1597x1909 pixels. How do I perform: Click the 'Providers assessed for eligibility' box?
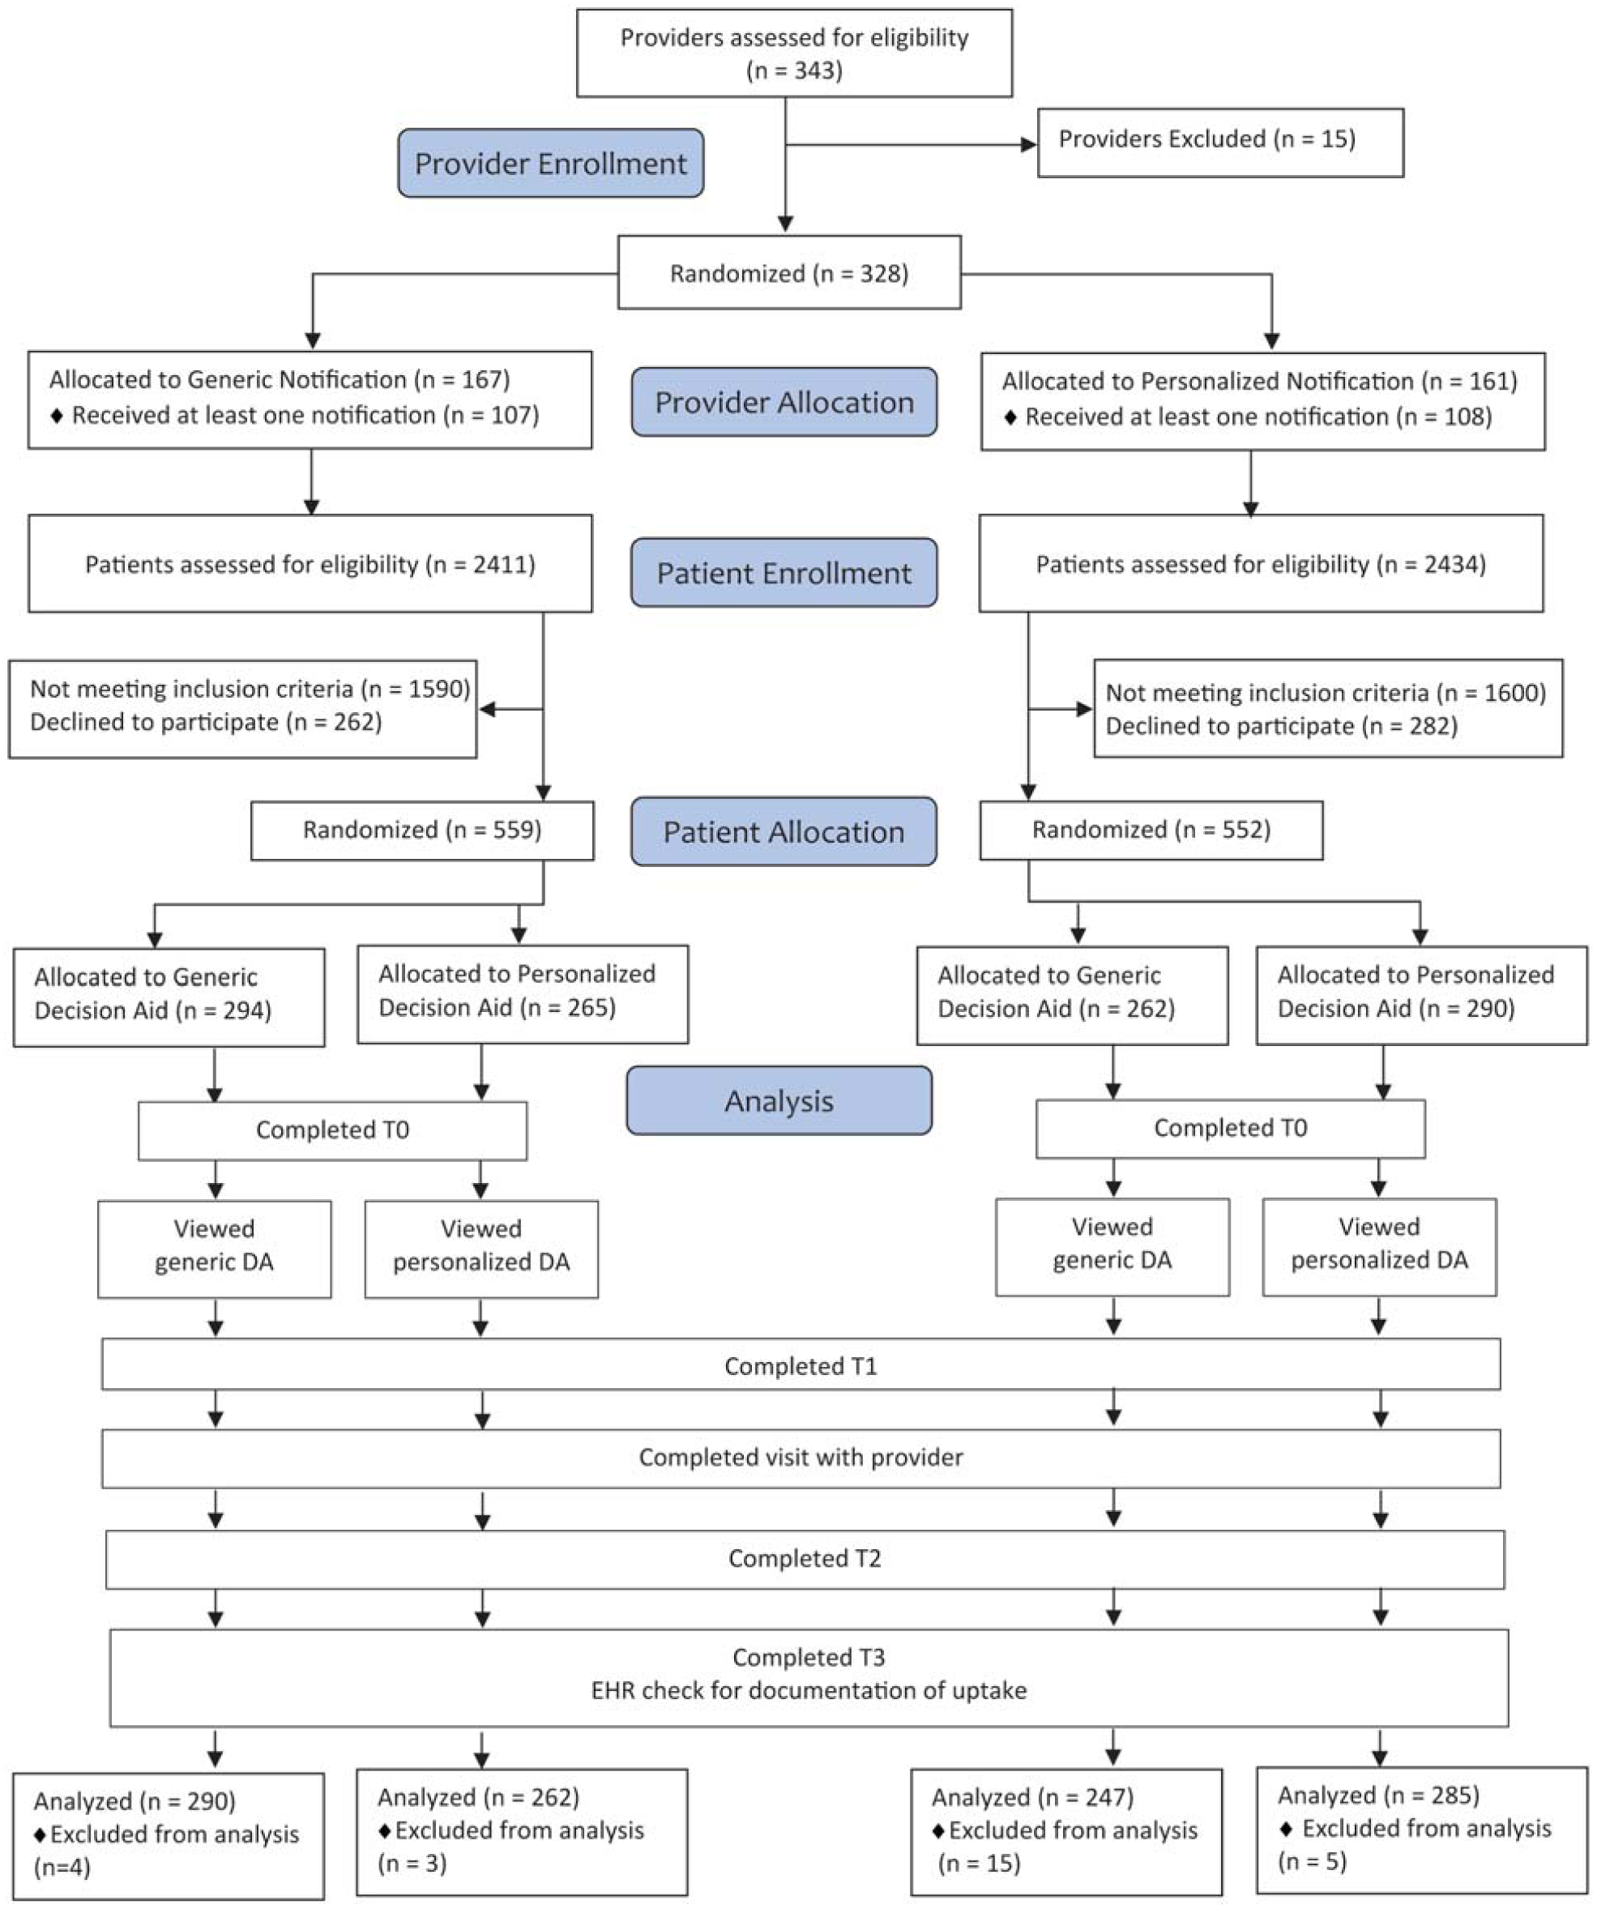tap(794, 53)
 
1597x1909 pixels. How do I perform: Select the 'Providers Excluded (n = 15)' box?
tap(1221, 143)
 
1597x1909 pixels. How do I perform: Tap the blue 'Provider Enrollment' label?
tap(551, 164)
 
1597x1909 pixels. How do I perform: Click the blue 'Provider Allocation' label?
tap(784, 402)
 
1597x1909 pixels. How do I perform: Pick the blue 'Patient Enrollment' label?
tap(784, 573)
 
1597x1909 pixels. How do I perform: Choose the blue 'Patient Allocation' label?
tap(784, 832)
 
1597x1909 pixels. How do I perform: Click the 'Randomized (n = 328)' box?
tap(789, 273)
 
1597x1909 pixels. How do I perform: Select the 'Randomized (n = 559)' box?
tap(423, 830)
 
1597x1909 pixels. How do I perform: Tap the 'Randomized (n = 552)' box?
tap(1151, 830)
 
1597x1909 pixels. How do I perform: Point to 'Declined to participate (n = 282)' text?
tap(1282, 726)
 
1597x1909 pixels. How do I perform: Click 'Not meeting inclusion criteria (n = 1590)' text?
tap(250, 689)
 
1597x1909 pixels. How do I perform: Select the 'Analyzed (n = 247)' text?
tap(1032, 1797)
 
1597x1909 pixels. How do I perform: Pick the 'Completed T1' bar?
tap(801, 1364)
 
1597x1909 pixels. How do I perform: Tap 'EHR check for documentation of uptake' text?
tap(809, 1690)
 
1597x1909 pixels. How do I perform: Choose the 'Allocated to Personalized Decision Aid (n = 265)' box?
tap(523, 994)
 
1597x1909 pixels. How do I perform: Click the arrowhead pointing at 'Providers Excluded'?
tap(1030, 144)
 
